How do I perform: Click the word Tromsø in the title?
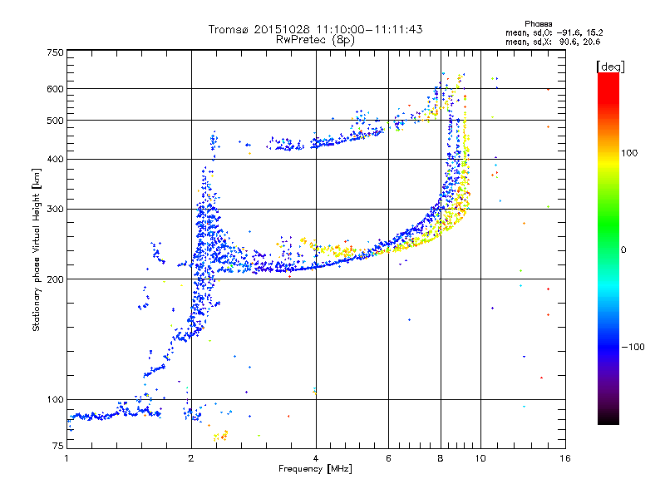229,29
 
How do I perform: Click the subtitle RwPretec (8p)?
316,39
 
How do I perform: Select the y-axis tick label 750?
55,52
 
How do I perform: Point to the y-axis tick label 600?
55,88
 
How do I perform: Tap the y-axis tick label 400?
55,159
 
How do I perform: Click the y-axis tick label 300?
55,209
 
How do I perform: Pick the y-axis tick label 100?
55,399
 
